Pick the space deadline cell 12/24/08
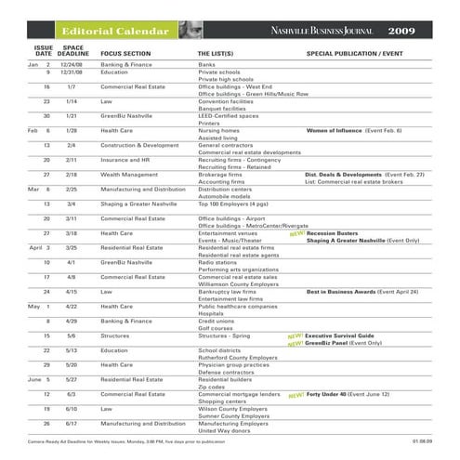[72, 65]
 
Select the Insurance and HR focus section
[129, 160]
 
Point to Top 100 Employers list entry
[228, 203]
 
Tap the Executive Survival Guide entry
[339, 335]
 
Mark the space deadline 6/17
[72, 423]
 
